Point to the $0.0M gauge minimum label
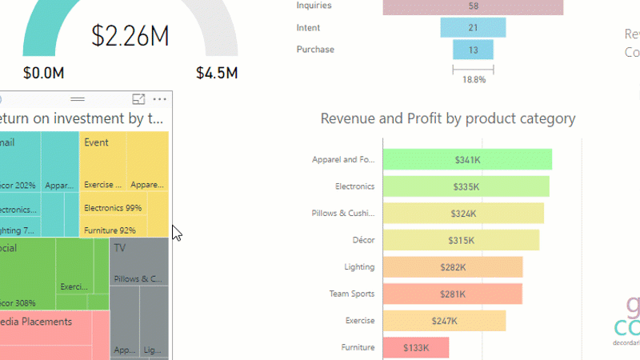pyautogui.click(x=43, y=73)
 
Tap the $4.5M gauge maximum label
pyautogui.click(x=217, y=73)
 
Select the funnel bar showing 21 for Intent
pyautogui.click(x=473, y=28)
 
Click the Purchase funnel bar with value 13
pyautogui.click(x=473, y=50)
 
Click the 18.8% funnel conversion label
pyautogui.click(x=474, y=79)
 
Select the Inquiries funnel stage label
pyautogui.click(x=314, y=6)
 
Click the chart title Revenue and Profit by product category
pyautogui.click(x=447, y=118)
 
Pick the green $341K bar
pyautogui.click(x=467, y=160)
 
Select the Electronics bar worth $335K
pyautogui.click(x=466, y=186)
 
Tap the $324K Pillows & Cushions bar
pyautogui.click(x=463, y=214)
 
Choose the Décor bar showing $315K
pyautogui.click(x=461, y=240)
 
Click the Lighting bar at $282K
pyautogui.click(x=453, y=267)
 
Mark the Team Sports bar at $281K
pyautogui.click(x=453, y=294)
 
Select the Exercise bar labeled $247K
pyautogui.click(x=445, y=321)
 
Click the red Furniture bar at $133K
pyautogui.click(x=416, y=347)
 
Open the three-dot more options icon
pyautogui.click(x=160, y=99)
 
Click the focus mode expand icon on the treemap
pyautogui.click(x=138, y=99)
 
